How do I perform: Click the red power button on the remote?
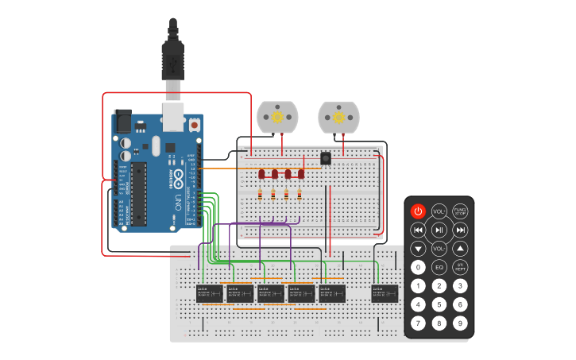point(418,211)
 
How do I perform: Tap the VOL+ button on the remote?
point(439,211)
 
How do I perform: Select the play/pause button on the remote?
point(439,230)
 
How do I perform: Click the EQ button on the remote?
point(439,267)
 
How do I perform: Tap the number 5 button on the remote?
point(439,304)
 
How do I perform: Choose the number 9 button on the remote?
point(459,323)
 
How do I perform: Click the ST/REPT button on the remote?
point(459,267)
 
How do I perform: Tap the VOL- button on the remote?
point(439,249)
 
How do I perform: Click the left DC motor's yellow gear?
point(277,117)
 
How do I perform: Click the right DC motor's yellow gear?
point(338,118)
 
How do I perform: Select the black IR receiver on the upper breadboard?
point(326,158)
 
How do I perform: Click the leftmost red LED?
point(261,173)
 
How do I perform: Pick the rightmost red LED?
point(300,173)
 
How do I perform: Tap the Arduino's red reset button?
point(194,126)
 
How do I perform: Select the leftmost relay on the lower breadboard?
point(209,293)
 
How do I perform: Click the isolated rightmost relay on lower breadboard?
point(385,293)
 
